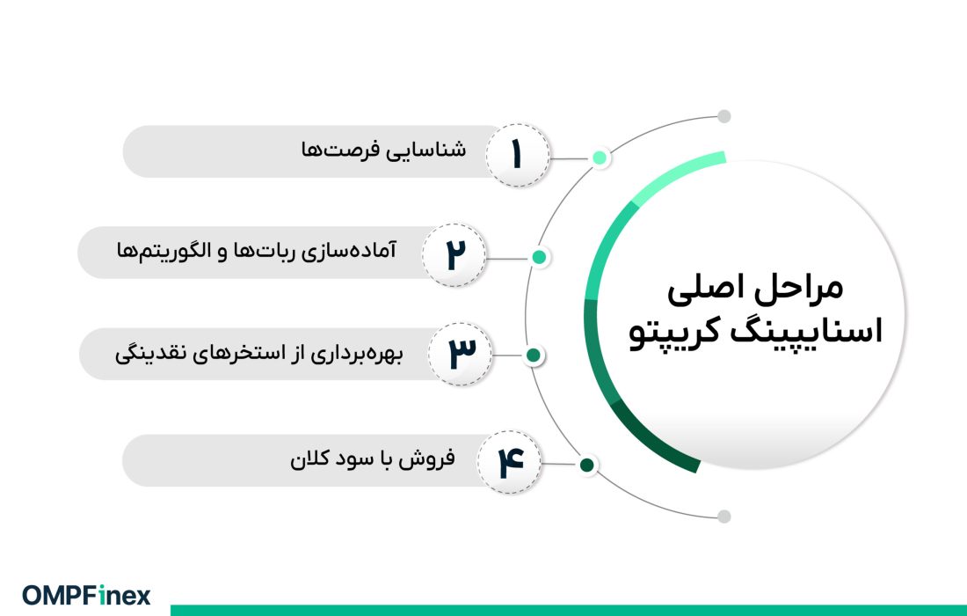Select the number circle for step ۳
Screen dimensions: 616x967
[460, 354]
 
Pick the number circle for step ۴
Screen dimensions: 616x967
[510, 462]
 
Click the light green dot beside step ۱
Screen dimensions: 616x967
[600, 158]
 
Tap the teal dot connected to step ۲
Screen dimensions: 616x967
[540, 257]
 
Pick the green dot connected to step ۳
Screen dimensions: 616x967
[533, 356]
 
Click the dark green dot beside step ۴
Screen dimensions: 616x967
[587, 465]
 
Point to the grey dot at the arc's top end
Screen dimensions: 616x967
[723, 116]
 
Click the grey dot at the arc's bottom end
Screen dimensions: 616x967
[723, 517]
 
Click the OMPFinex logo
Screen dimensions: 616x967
[86, 595]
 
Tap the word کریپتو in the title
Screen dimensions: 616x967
[679, 335]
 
